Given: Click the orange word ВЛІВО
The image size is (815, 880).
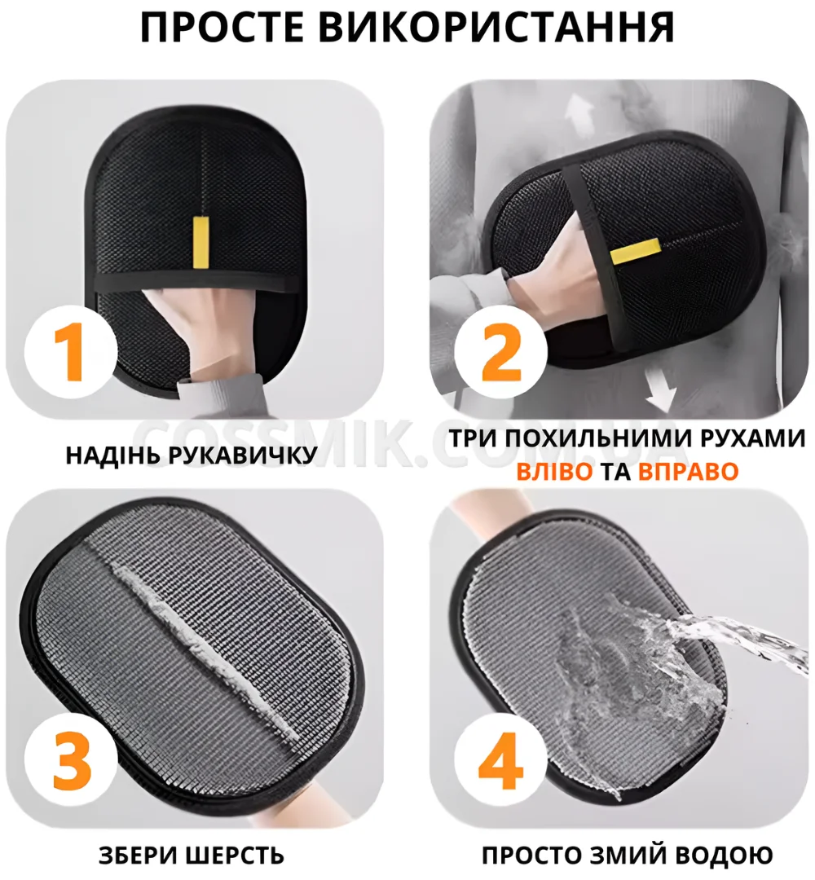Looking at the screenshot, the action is click(554, 472).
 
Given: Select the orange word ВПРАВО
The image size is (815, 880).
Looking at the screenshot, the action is click(688, 472).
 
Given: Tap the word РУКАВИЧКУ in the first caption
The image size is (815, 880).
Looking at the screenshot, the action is click(243, 455).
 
